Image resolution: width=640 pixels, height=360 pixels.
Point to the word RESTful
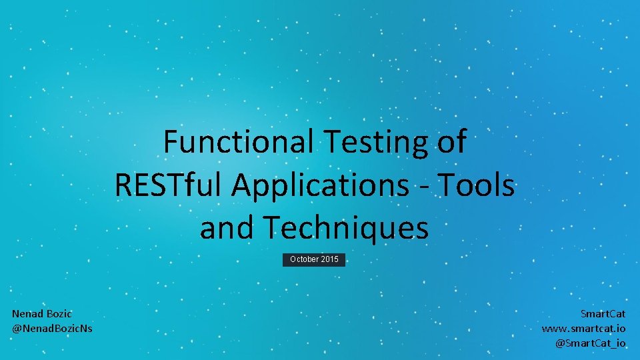point(169,185)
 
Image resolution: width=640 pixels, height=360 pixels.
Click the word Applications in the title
point(320,185)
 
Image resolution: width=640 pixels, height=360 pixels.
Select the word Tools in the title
point(478,185)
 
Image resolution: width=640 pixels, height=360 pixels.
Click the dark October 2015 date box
point(314,259)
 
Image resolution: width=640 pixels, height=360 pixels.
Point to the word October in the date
point(304,259)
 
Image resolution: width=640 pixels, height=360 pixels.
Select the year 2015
point(329,259)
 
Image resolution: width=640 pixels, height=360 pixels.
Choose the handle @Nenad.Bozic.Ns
point(52,328)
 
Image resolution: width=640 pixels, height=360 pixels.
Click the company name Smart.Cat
point(603,313)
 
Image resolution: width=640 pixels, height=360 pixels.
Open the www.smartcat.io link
point(583,328)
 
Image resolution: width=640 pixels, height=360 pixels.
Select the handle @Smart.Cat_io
point(591,343)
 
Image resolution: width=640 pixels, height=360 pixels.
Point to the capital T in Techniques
point(271,228)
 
